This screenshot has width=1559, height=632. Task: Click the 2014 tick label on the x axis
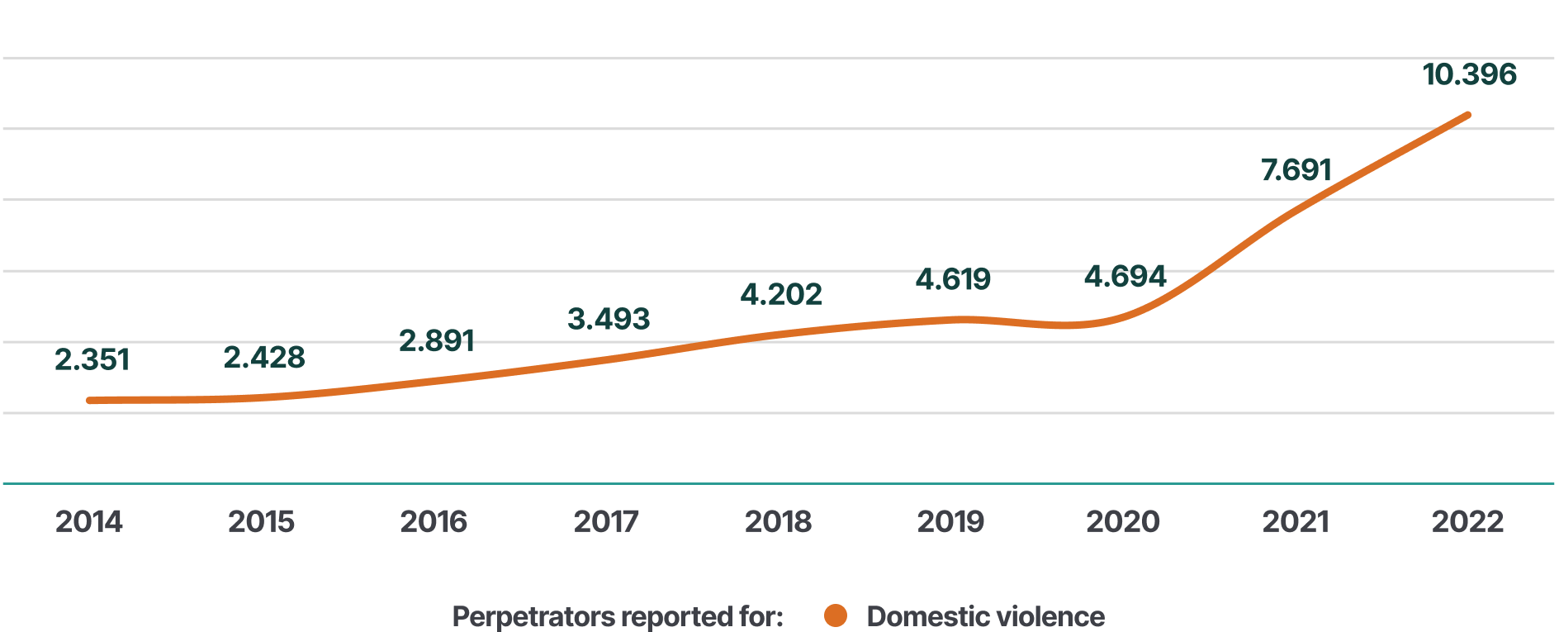(x=89, y=522)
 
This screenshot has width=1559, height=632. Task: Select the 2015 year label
(x=261, y=522)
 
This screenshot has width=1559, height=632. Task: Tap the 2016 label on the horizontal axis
(x=434, y=522)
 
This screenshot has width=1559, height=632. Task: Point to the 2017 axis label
(x=606, y=522)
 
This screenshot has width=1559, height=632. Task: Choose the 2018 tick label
(x=778, y=522)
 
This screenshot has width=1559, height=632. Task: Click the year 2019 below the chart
(x=950, y=522)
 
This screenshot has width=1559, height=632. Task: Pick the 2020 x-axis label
(x=1123, y=522)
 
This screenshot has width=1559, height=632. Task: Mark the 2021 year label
(x=1296, y=522)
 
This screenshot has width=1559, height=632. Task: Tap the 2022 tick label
(x=1467, y=522)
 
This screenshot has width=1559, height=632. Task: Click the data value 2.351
(x=92, y=360)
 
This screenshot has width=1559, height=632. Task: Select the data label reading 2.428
(x=264, y=358)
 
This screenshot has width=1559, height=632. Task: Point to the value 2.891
(x=437, y=340)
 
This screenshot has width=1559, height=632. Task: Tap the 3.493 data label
(x=609, y=319)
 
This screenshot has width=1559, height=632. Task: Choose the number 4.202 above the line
(x=781, y=294)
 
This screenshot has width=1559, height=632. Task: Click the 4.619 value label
(x=953, y=279)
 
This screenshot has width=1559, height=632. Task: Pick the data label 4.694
(x=1125, y=276)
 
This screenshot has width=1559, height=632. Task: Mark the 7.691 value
(x=1296, y=170)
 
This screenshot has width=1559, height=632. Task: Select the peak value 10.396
(x=1470, y=74)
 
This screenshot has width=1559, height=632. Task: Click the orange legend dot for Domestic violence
(x=836, y=615)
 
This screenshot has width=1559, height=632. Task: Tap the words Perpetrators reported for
(x=618, y=616)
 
